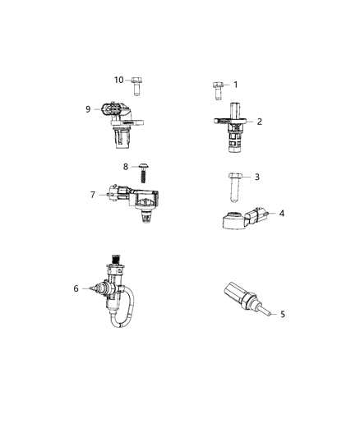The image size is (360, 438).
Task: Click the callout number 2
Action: tap(259, 122)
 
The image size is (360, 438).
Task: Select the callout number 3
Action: tap(256, 177)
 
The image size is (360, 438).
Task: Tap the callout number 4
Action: tap(281, 214)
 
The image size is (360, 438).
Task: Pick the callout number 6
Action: tap(76, 288)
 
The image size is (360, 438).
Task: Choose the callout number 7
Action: tap(93, 195)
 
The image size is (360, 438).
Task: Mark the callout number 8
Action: tap(126, 167)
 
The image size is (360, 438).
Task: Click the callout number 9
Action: tap(88, 108)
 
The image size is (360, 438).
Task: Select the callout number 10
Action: tap(118, 80)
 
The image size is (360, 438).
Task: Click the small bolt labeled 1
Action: tap(218, 88)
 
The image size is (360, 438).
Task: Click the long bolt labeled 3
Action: tap(233, 184)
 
